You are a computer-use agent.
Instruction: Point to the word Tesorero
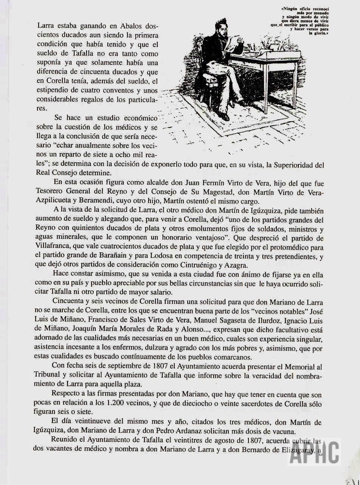pyautogui.click(x=53, y=192)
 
